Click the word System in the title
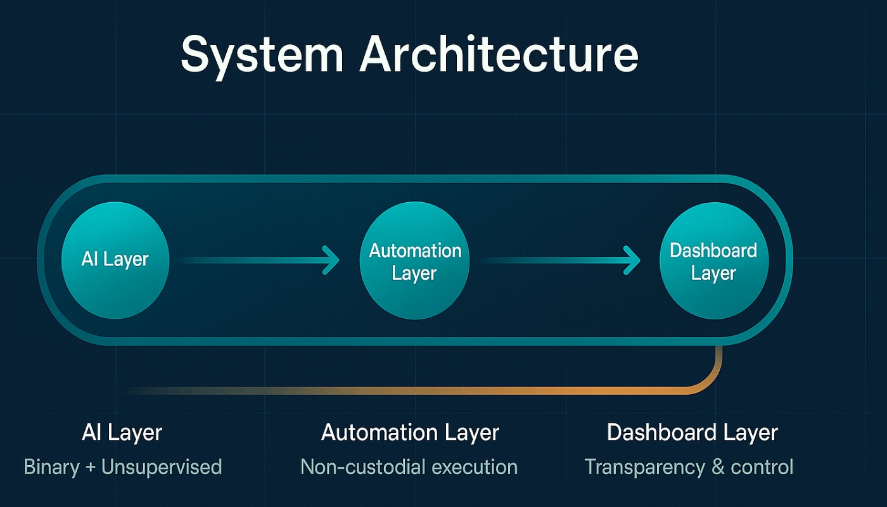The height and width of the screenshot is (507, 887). click(262, 55)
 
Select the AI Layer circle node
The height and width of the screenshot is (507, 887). click(115, 260)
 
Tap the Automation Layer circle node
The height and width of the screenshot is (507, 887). click(414, 261)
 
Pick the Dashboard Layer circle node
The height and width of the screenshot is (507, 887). click(713, 261)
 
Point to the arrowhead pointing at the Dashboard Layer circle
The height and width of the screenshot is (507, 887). click(632, 260)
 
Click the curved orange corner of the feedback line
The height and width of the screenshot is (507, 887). click(711, 381)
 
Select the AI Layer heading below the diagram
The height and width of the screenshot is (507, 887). click(122, 433)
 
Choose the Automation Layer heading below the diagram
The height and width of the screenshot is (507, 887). click(410, 433)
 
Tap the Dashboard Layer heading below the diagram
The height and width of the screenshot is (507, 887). click(692, 433)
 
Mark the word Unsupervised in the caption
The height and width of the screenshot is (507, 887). click(162, 468)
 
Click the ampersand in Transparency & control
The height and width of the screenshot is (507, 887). click(717, 468)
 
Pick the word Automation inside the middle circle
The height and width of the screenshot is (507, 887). click(415, 251)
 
